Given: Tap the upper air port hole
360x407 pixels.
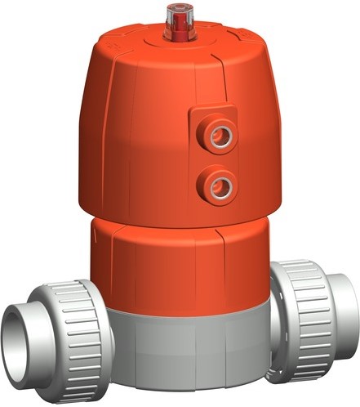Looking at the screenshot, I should pyautogui.click(x=217, y=136).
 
